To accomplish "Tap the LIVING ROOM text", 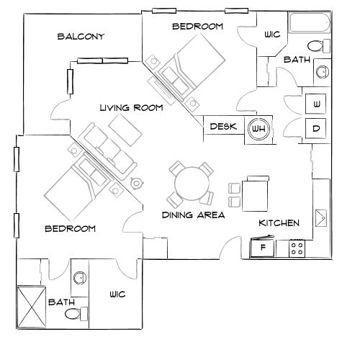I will tap(130, 108).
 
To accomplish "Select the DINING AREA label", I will tap(192, 215).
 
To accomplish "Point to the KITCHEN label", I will tap(279, 223).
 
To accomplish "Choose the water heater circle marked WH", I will tap(258, 130).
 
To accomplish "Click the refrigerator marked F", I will tap(263, 248).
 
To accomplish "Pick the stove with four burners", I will tap(297, 248).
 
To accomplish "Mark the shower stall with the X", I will tap(31, 305).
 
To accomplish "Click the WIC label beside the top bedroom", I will tap(272, 34).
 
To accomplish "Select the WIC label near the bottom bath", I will tap(117, 294).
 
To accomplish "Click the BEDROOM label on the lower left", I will tap(71, 229).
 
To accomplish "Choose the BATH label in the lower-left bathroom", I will tap(60, 303).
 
